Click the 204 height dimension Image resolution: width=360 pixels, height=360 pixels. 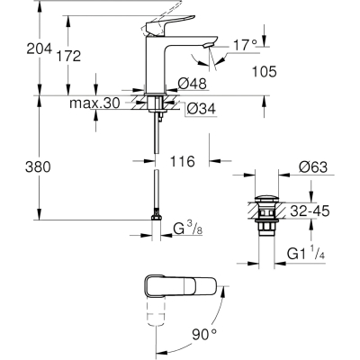pyautogui.click(x=40, y=49)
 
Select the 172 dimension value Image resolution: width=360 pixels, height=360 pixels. pyautogui.click(x=68, y=56)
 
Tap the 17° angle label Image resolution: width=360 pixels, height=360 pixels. pyautogui.click(x=245, y=45)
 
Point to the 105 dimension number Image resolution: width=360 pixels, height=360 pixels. pyautogui.click(x=264, y=72)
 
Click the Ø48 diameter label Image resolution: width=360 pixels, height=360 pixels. pyautogui.click(x=193, y=84)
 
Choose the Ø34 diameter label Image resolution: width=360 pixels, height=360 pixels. pyautogui.click(x=202, y=109)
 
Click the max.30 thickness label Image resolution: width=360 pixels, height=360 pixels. pyautogui.click(x=94, y=103)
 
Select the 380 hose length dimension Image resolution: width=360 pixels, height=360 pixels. pyautogui.click(x=38, y=166)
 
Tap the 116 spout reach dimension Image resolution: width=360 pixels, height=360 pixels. pyautogui.click(x=183, y=162)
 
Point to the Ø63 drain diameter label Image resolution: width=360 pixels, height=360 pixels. pyautogui.click(x=313, y=167)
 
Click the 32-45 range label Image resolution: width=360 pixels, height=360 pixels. pyautogui.click(x=310, y=211)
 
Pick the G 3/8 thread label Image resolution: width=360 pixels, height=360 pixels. pyautogui.click(x=188, y=229)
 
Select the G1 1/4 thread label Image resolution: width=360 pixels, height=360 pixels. pyautogui.click(x=306, y=254)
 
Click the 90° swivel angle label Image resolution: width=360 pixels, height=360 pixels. pyautogui.click(x=204, y=334)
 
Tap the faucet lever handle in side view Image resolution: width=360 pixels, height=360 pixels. pyautogui.click(x=168, y=25)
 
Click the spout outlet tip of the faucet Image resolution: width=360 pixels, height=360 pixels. pyautogui.click(x=208, y=45)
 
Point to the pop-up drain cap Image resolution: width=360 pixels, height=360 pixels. pyautogui.click(x=266, y=199)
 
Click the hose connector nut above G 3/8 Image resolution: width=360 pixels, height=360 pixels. pyautogui.click(x=156, y=217)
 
